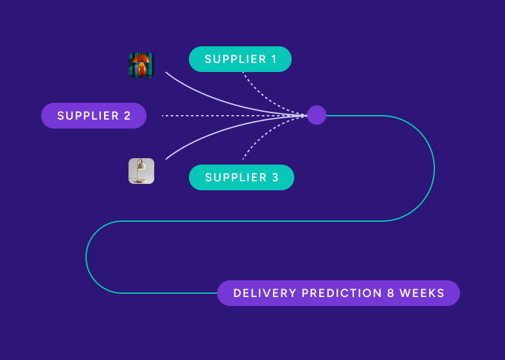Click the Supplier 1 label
[240, 59]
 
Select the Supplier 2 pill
[94, 116]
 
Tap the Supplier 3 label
[241, 177]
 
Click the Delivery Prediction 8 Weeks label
[339, 293]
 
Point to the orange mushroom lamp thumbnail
[141, 66]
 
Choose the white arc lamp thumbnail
[141, 171]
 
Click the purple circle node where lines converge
[317, 115]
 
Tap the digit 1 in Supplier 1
[274, 59]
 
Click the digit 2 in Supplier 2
[127, 116]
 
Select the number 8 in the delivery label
[391, 293]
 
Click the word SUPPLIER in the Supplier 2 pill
[85, 116]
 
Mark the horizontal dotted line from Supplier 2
[225, 116]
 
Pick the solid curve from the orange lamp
[212, 96]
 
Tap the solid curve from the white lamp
[212, 134]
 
